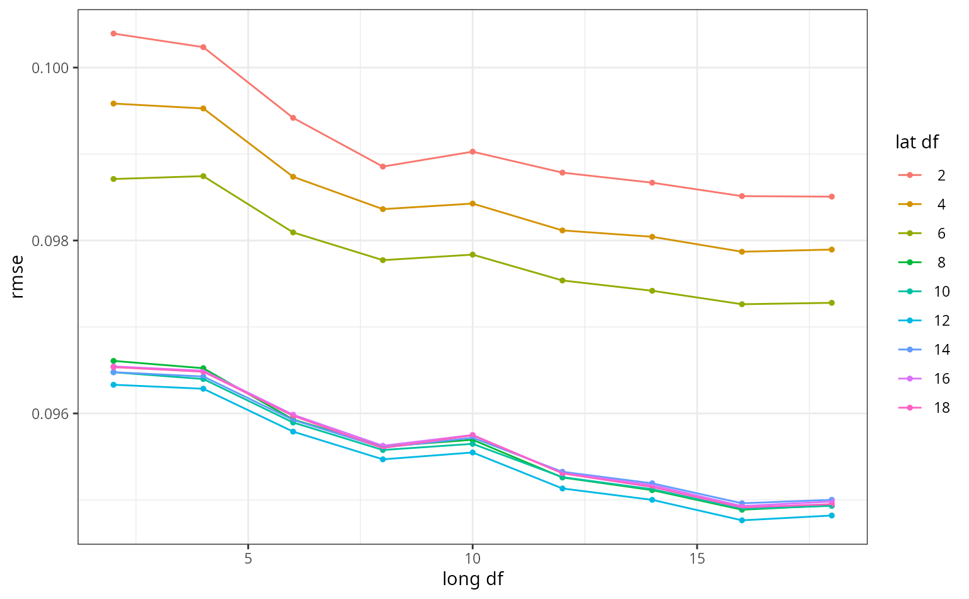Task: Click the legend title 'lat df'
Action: [917, 143]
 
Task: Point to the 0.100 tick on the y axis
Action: [51, 68]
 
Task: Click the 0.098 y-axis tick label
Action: [51, 240]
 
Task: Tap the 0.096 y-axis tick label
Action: [51, 413]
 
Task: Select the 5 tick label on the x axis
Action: [248, 559]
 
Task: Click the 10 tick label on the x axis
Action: [472, 559]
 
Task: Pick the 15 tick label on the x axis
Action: [696, 559]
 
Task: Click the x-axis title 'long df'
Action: [473, 579]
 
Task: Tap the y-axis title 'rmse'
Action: [17, 276]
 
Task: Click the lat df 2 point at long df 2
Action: [114, 33]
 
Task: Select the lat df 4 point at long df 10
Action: [473, 204]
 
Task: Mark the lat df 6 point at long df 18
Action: [831, 303]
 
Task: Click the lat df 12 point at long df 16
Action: [742, 520]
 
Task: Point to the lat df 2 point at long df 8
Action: [383, 167]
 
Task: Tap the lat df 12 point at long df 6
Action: [293, 431]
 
